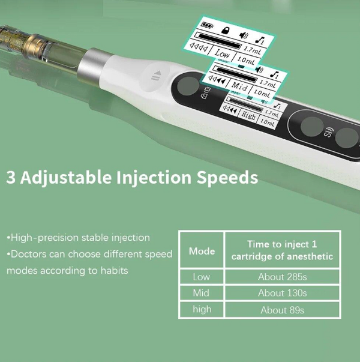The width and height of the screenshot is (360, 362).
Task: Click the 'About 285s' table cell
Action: coord(282,277)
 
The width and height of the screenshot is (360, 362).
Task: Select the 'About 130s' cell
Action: coord(282,293)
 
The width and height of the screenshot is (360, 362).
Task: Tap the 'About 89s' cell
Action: coord(282,310)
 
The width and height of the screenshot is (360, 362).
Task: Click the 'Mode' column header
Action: coord(202,251)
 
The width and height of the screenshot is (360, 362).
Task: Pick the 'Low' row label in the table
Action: coord(202,277)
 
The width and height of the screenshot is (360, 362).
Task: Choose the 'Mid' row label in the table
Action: coord(201,293)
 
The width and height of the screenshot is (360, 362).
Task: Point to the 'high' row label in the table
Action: coord(202,309)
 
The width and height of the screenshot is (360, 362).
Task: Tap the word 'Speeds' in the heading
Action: coord(227,178)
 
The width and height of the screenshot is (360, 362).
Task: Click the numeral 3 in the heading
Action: coord(11,177)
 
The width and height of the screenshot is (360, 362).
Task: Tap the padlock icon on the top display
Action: coord(226,30)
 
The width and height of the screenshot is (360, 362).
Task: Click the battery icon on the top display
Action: coord(207,25)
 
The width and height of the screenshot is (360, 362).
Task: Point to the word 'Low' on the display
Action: coord(222,53)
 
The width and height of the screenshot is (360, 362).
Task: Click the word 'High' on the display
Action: coord(248,115)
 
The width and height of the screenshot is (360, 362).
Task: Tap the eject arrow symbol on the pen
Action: coord(157,76)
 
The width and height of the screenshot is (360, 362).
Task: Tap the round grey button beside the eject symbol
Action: coord(188,86)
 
